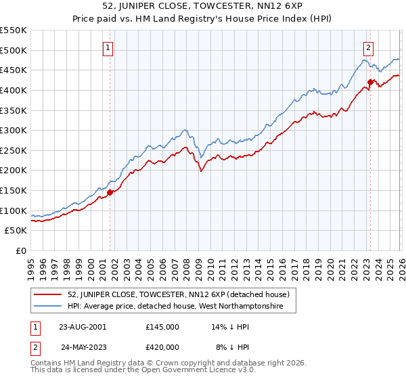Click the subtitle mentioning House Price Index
coord(203,20)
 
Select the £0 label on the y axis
coord(20,251)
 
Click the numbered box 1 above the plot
coord(109,47)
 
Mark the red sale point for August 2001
coord(110,193)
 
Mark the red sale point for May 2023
coord(370,83)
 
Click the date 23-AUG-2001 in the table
coord(82,326)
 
